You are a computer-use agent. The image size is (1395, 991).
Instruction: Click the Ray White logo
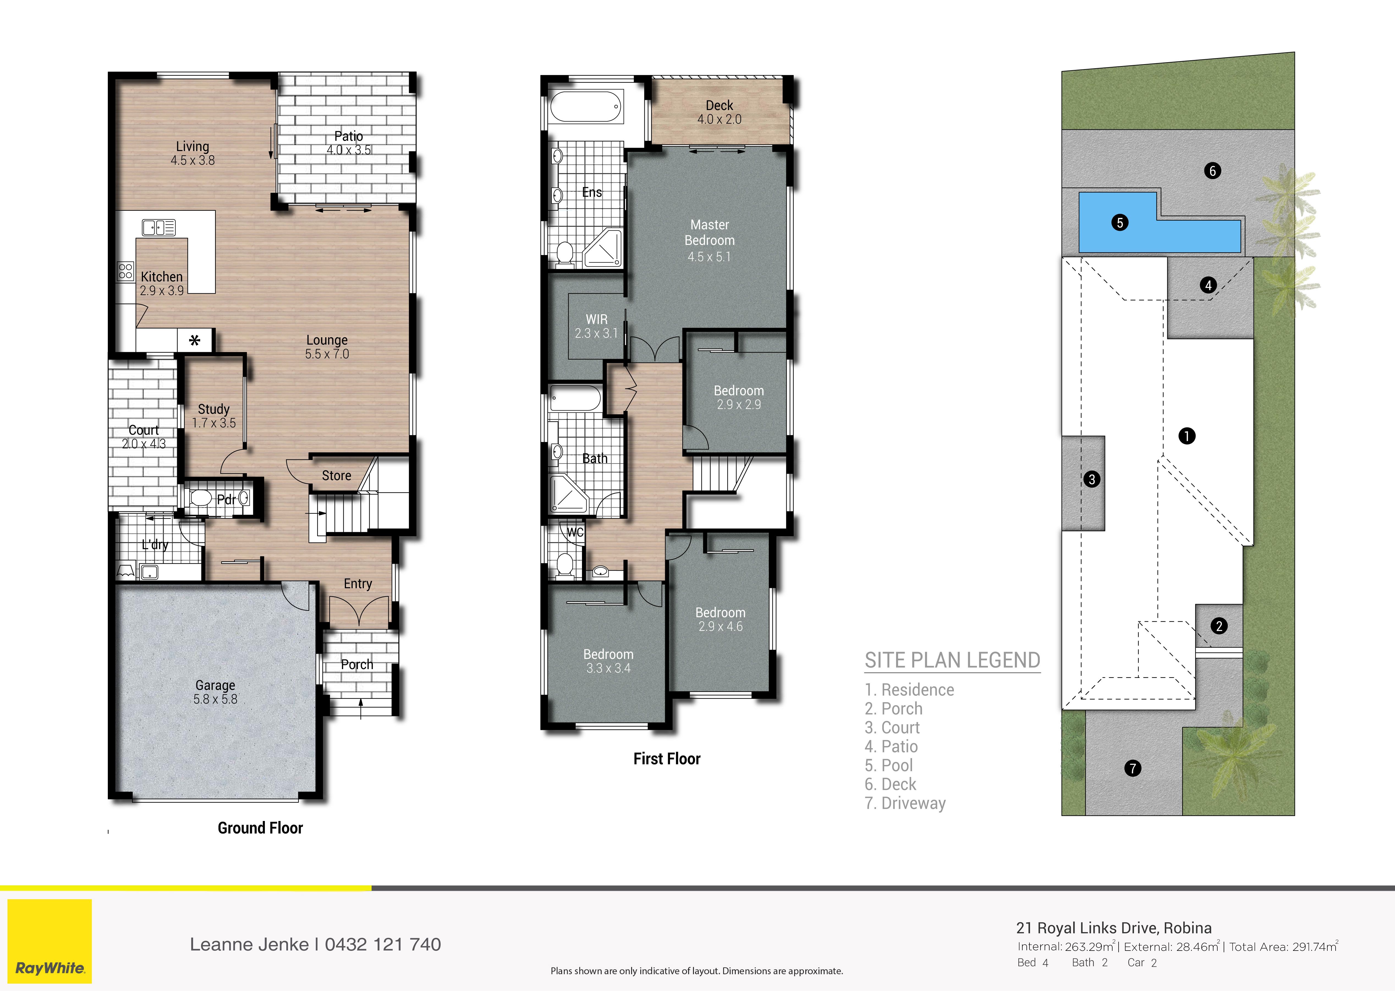coord(50,941)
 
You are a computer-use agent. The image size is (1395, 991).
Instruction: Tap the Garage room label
coord(215,685)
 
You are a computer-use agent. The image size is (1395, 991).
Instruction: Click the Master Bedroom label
coord(709,232)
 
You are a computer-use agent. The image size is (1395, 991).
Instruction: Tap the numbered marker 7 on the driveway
coord(1133,768)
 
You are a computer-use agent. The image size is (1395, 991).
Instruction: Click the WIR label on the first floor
coord(597,319)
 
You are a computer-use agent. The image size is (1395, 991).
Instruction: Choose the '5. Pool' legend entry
coord(889,765)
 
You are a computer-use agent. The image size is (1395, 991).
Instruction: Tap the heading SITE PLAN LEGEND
coord(952,660)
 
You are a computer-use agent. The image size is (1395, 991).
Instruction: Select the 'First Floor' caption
coord(667,759)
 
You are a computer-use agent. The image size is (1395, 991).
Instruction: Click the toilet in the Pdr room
coord(201,499)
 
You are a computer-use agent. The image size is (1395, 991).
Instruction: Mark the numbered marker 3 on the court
coord(1092,479)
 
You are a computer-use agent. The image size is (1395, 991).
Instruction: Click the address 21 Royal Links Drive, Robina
coord(1114,928)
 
